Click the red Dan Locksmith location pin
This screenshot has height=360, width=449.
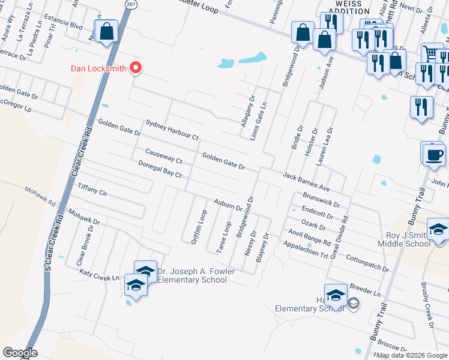(136, 68)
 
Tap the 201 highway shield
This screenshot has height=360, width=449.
(131, 4)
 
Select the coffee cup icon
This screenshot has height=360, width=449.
(434, 154)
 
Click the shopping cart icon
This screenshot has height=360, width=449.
(430, 53)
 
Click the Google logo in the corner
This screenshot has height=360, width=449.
(20, 353)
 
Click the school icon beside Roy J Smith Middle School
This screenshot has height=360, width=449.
(438, 231)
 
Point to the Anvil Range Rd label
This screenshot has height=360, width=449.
(309, 238)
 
